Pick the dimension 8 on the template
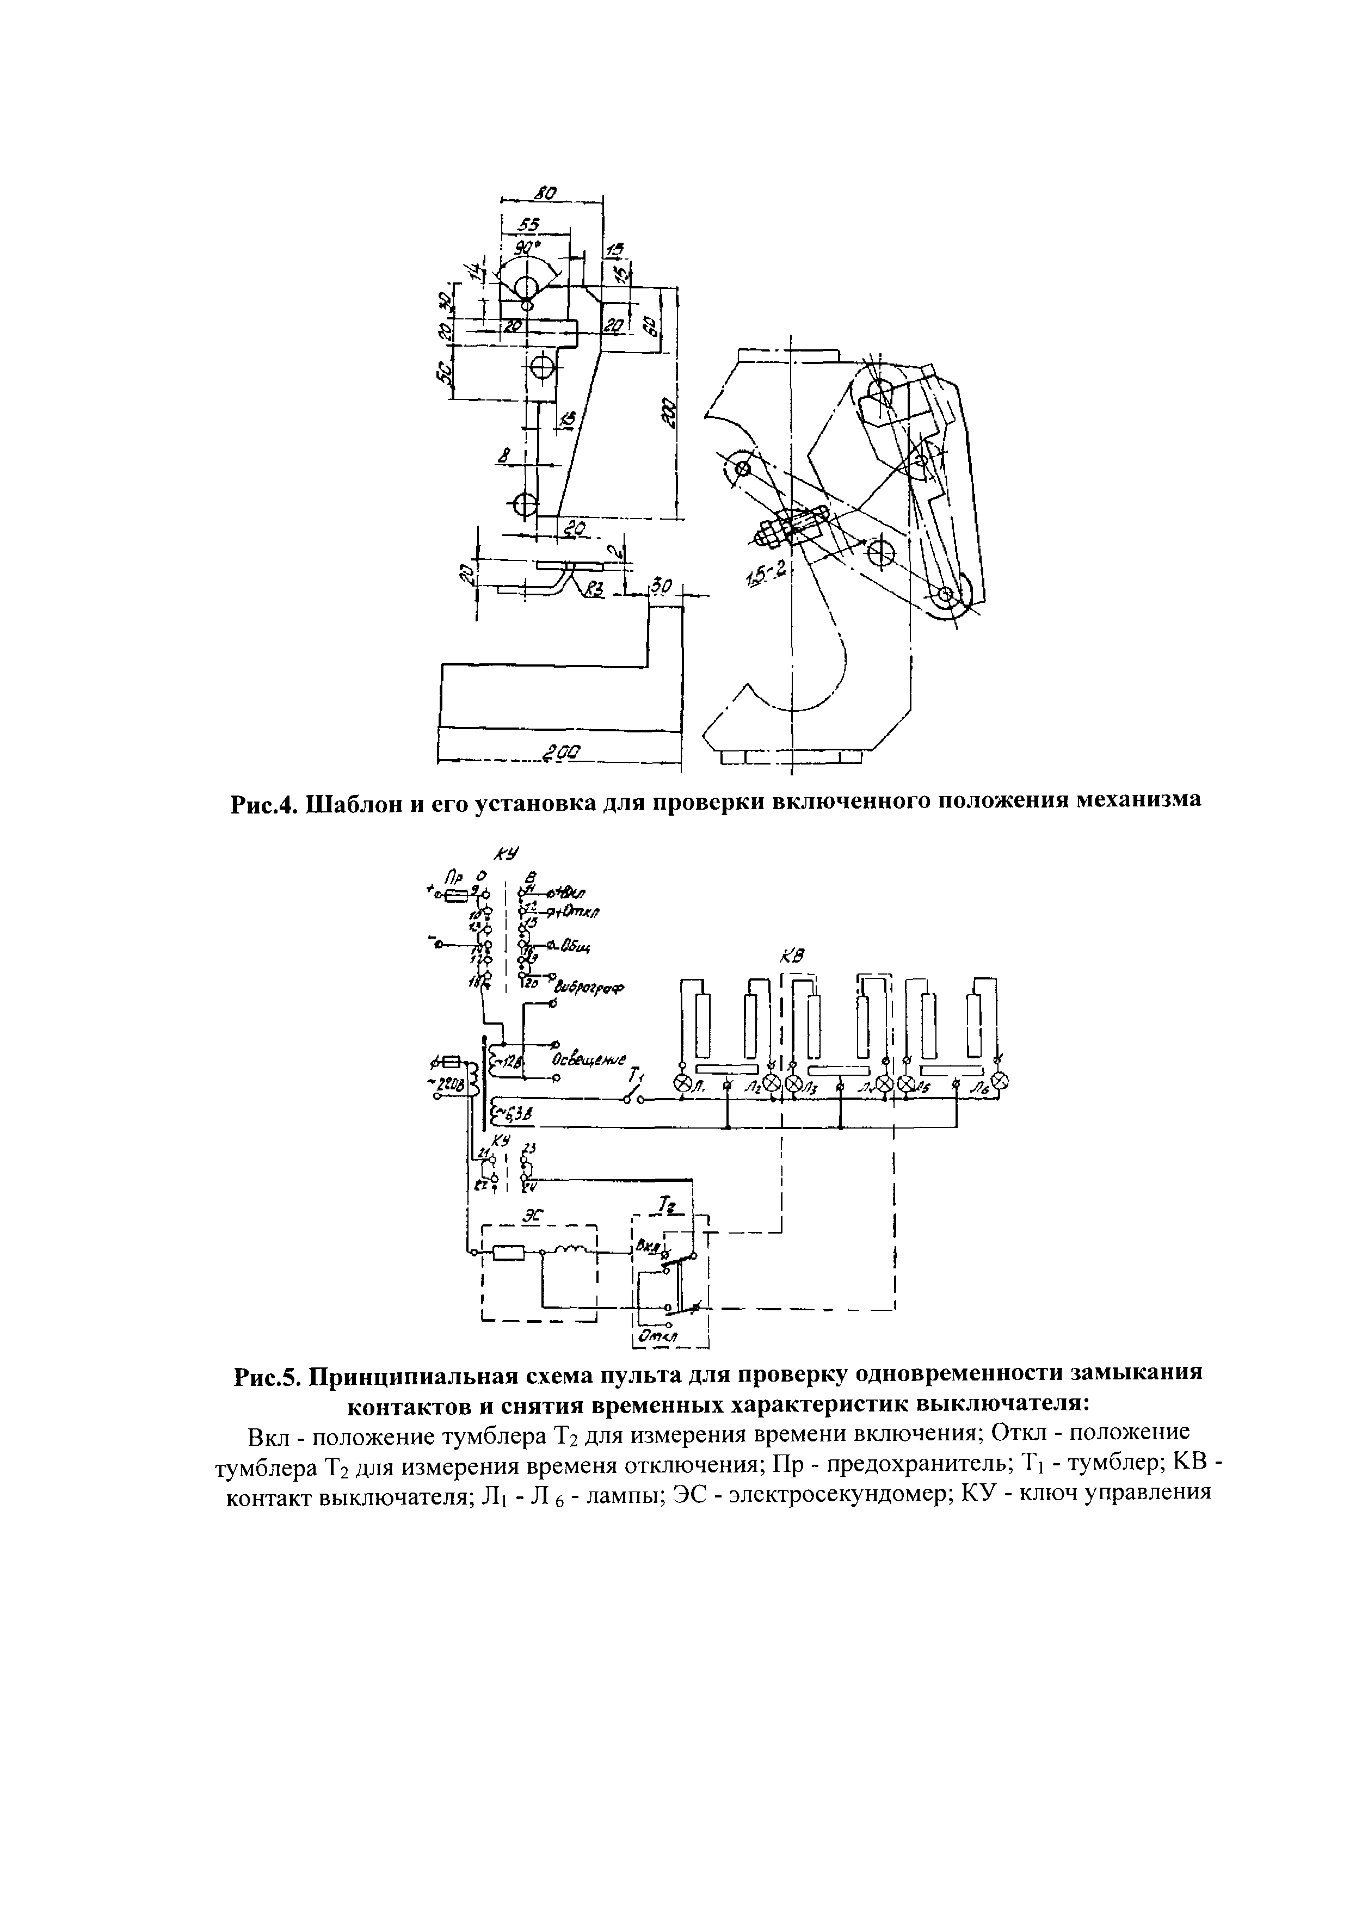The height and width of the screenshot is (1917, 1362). [503, 456]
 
